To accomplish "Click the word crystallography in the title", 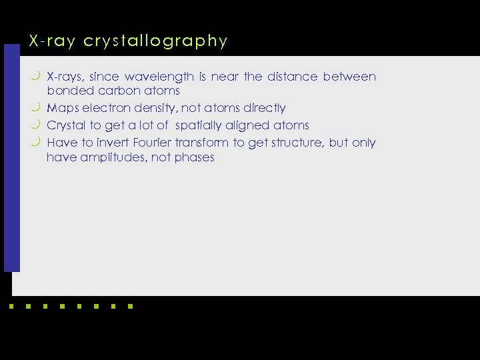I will pos(156,41).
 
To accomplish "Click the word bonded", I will pos(66,91).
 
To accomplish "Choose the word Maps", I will pos(62,108).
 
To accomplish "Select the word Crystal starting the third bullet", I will pos(66,125).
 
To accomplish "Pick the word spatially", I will pos(199,125).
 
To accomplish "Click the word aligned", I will pos(248,125).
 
